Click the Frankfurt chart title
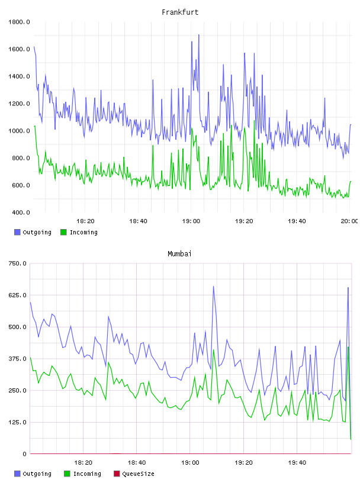click(x=180, y=12)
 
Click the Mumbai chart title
click(x=179, y=254)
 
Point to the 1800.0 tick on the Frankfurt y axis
click(x=19, y=22)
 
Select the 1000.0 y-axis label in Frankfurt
click(x=19, y=131)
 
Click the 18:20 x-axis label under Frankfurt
click(x=85, y=221)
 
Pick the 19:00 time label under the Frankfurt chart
click(x=191, y=221)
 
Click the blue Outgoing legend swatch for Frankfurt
click(x=17, y=232)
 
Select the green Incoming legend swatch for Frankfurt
click(x=63, y=232)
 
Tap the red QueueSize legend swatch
click(x=117, y=474)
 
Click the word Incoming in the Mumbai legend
click(x=87, y=474)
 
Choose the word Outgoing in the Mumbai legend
click(x=37, y=474)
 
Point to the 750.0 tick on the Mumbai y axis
click(x=18, y=263)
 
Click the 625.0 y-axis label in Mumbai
click(x=18, y=295)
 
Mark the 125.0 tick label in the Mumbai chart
click(x=18, y=422)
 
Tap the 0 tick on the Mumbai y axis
click(x=25, y=454)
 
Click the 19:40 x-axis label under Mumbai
click(x=297, y=463)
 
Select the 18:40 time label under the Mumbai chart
click(x=137, y=463)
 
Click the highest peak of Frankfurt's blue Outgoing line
click(x=199, y=35)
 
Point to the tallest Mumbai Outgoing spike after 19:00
click(x=213, y=286)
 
